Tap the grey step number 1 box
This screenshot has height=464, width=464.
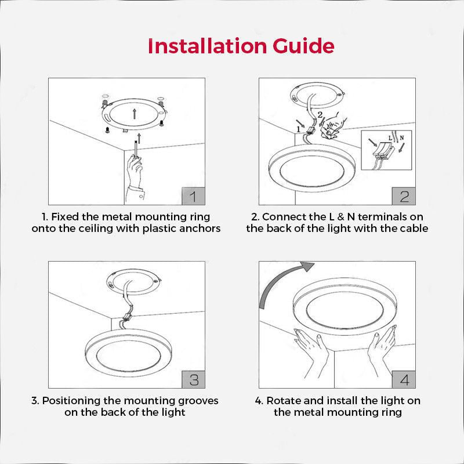(x=194, y=196)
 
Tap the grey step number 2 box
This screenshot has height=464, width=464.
(x=404, y=196)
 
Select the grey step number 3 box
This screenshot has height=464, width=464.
(x=194, y=379)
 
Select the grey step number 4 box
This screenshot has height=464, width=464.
(x=404, y=379)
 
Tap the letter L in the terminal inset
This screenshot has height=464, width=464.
(x=390, y=140)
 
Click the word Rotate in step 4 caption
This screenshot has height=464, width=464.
(x=283, y=400)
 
